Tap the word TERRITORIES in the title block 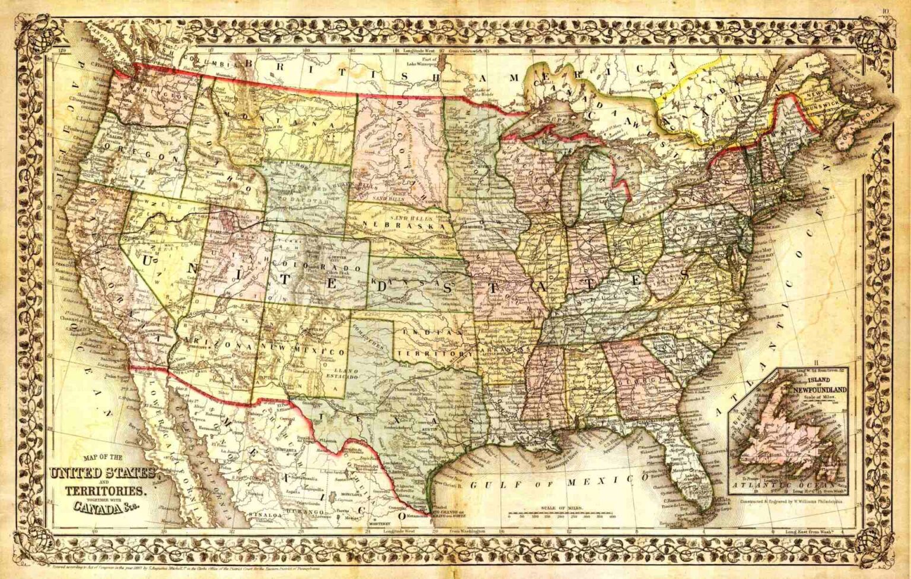pyautogui.click(x=104, y=492)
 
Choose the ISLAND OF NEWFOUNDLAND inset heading pyautogui.click(x=821, y=386)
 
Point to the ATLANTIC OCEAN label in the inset pyautogui.click(x=789, y=484)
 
